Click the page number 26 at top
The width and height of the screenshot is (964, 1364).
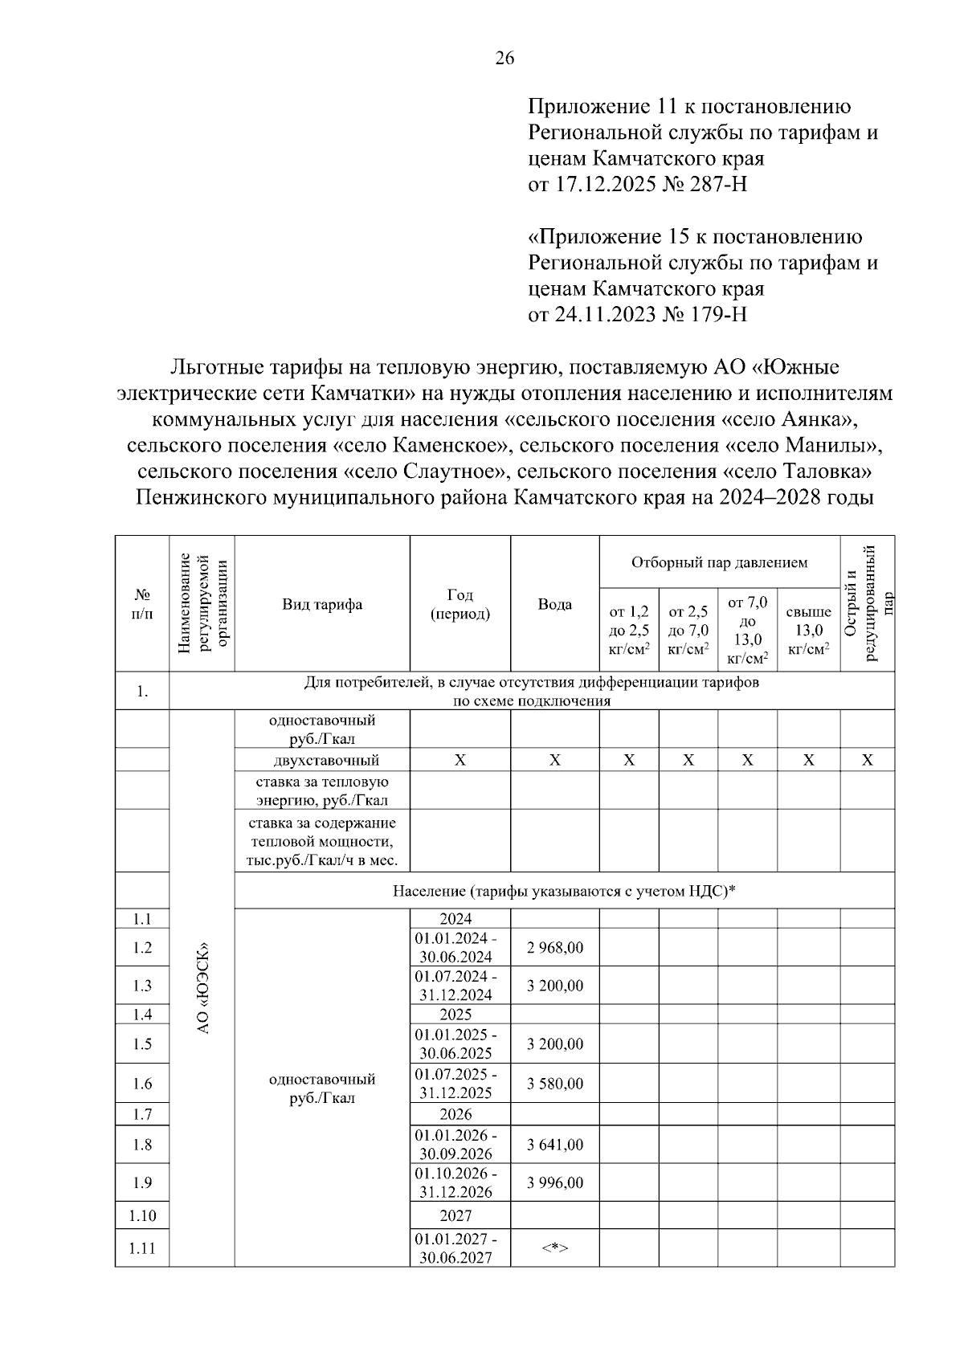point(504,58)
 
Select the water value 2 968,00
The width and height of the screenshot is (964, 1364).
point(554,947)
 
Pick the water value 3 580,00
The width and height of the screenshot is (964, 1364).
point(554,1084)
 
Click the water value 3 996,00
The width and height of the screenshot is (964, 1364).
point(554,1182)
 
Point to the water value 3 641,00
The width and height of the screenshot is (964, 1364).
point(554,1145)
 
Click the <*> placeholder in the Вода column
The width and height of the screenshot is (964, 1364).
point(554,1248)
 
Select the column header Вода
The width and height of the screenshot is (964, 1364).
point(554,604)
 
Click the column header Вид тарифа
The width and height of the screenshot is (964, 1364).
point(321,604)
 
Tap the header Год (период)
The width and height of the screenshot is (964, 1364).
point(460,604)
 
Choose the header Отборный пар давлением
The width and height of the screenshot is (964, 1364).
point(719,562)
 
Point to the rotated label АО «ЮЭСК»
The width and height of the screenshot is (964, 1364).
point(202,987)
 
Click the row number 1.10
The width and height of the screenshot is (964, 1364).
point(142,1215)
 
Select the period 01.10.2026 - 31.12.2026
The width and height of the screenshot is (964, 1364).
point(455,1182)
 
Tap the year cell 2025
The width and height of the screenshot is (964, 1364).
point(455,1014)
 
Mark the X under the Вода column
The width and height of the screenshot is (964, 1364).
point(554,760)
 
